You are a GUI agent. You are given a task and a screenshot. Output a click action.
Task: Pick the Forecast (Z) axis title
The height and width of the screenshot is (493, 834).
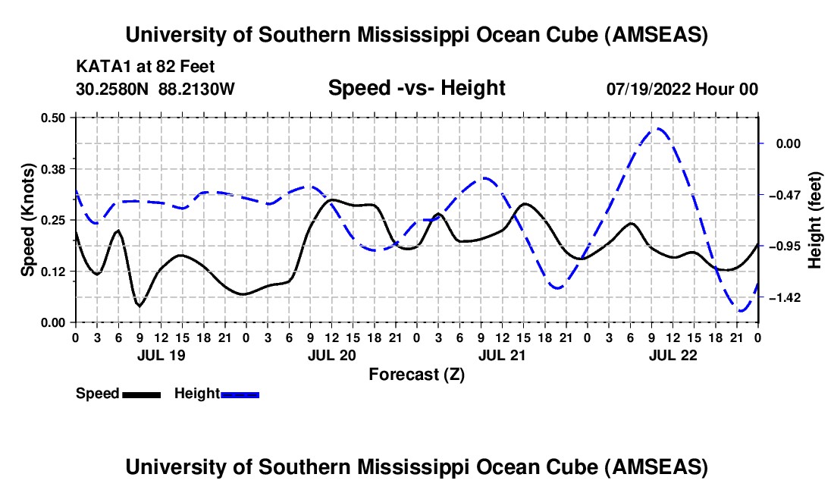[416, 373]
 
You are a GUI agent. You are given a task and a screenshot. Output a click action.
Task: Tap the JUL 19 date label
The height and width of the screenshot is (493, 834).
[160, 354]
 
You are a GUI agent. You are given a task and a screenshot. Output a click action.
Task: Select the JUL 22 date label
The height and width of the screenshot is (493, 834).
[673, 354]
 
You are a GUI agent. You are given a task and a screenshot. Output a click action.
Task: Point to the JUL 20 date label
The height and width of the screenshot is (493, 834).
[331, 354]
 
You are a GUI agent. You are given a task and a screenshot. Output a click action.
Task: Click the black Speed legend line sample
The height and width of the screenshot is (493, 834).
[141, 394]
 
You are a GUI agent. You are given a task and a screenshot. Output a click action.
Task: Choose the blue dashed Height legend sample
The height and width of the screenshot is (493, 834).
[240, 394]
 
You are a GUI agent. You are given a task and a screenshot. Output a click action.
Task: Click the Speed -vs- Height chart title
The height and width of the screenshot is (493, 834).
[416, 89]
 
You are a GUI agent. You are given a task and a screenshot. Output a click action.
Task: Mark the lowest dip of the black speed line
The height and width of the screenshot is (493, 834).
[139, 306]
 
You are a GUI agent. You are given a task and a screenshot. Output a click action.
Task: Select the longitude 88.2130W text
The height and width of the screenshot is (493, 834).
[197, 89]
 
